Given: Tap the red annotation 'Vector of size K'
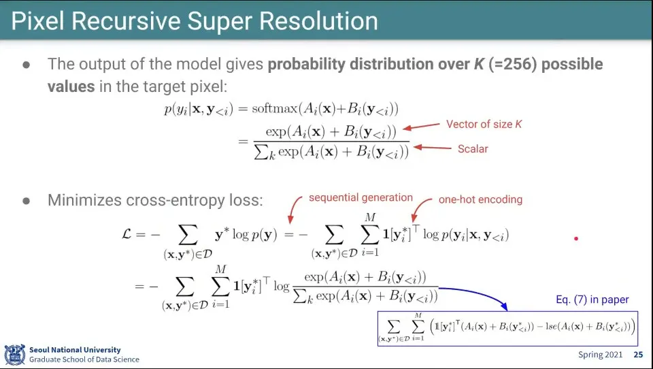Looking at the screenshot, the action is pos(484,125).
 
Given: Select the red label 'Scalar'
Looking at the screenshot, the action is pos(473,149).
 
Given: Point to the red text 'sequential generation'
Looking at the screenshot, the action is pos(361,197).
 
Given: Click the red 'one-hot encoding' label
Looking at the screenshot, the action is pos(480,199).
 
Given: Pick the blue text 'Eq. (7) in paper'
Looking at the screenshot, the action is pos(592,300).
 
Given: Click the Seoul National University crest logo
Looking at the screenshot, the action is pos(14,355).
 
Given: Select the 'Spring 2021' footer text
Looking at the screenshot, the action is pos(600,355).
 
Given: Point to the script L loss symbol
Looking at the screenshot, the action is pos(127,234).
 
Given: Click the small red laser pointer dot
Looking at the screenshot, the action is pos(576,238).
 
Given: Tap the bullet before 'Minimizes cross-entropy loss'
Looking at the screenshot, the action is pos(27,201).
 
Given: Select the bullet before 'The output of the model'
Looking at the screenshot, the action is pos(27,65).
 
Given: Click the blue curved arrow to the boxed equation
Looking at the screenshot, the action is pos(479,292).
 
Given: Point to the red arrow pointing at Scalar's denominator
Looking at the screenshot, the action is pos(433,147).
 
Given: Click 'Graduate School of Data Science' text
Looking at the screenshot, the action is pos(84,359).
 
